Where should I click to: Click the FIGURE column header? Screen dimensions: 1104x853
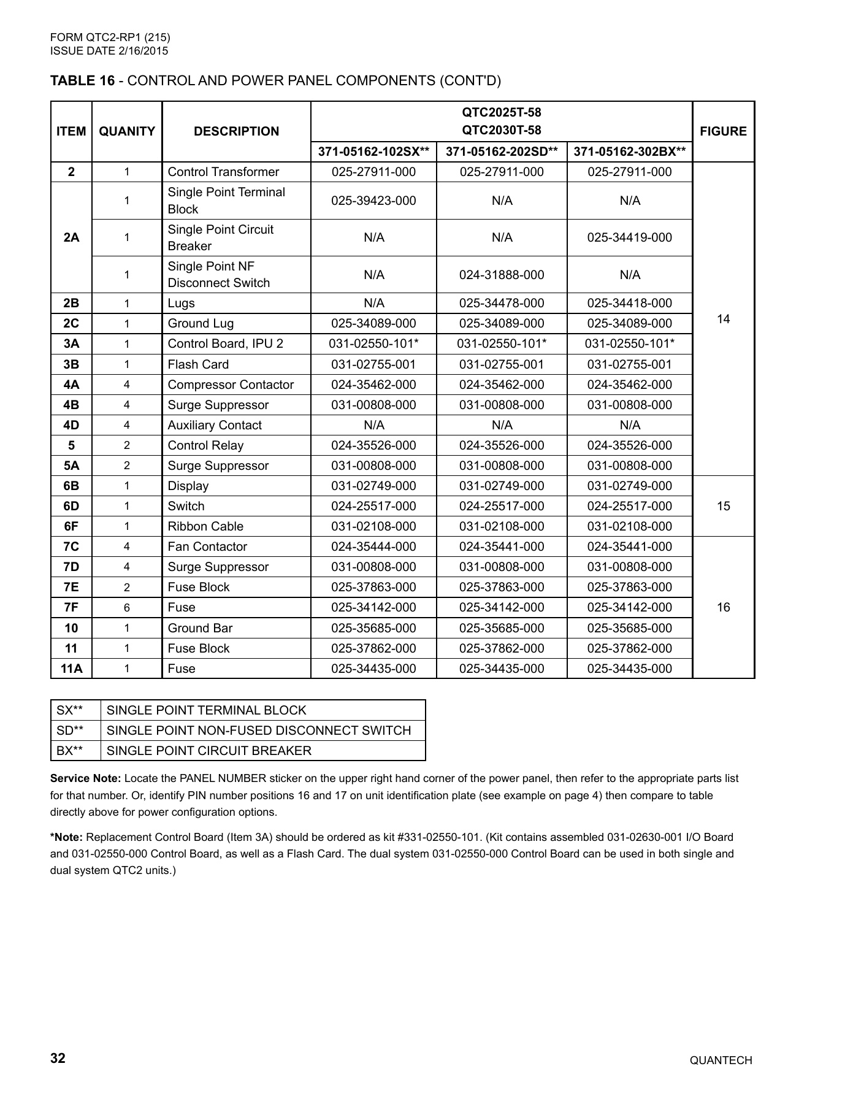(x=723, y=131)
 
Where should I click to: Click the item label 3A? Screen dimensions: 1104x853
(x=71, y=343)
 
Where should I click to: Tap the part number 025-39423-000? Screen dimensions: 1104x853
(x=373, y=201)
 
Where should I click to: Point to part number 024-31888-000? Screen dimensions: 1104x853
(x=502, y=275)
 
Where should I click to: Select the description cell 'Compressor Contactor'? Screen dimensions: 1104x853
(x=231, y=385)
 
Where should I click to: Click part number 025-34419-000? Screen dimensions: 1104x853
(x=629, y=237)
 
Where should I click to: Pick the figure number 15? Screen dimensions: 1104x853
(x=723, y=506)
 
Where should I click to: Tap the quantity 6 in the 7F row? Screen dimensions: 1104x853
(x=127, y=607)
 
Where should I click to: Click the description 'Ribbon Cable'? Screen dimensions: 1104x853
(x=205, y=526)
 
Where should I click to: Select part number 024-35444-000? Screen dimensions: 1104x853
(x=373, y=546)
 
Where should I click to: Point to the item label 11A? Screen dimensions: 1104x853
(x=71, y=669)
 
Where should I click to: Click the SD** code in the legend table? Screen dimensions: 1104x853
(x=70, y=730)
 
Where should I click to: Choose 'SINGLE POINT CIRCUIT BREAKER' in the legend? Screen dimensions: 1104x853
(x=209, y=751)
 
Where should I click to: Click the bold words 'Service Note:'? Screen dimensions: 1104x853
(x=86, y=778)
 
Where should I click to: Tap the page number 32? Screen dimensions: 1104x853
(x=58, y=1059)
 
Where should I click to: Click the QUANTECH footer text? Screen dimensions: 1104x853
(x=721, y=1060)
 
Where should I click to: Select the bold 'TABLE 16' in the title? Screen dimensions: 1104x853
(x=82, y=81)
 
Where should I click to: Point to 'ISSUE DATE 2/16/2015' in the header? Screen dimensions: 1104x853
(x=109, y=51)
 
